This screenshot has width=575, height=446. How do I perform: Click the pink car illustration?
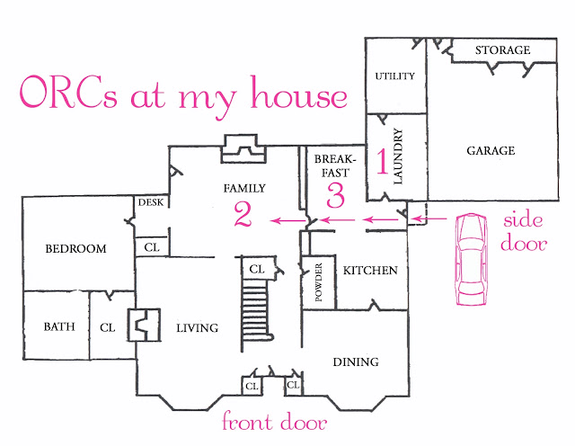[471, 259]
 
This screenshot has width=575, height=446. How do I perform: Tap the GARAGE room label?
[491, 150]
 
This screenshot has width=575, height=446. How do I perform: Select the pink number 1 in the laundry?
[383, 161]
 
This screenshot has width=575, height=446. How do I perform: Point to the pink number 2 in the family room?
[243, 214]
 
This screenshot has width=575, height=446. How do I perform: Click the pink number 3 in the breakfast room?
[335, 195]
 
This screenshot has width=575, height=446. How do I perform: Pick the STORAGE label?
[502, 50]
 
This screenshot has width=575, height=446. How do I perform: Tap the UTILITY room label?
[394, 76]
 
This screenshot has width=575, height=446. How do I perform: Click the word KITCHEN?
[370, 271]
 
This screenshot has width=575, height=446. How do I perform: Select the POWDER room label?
[318, 282]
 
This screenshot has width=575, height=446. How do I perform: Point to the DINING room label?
[356, 362]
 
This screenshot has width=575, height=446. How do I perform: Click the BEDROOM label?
[75, 248]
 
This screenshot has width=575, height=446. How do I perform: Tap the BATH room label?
[59, 326]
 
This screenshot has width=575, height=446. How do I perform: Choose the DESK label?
[151, 202]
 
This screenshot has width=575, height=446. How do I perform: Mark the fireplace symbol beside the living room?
[144, 326]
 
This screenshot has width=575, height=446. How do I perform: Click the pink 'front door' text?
[275, 421]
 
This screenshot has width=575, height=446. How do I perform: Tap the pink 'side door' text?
[524, 232]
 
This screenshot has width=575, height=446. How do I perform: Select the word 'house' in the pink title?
[298, 93]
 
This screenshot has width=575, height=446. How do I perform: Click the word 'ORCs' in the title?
[68, 92]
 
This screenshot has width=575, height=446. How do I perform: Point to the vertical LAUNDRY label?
[398, 156]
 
